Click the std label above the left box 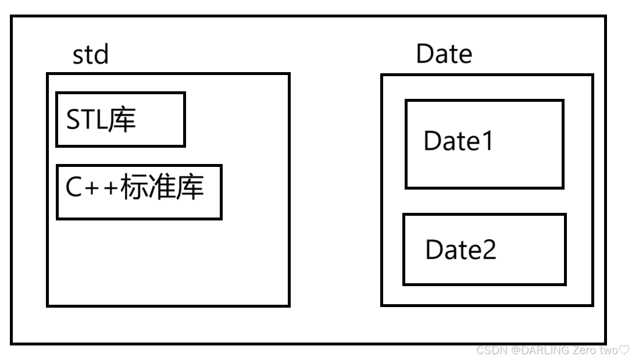click(x=90, y=56)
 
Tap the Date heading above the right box click(x=444, y=54)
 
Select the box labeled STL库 click(x=120, y=119)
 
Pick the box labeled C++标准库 click(x=139, y=192)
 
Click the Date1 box click(x=484, y=144)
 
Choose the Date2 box click(x=484, y=249)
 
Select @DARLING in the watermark click(x=533, y=350)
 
